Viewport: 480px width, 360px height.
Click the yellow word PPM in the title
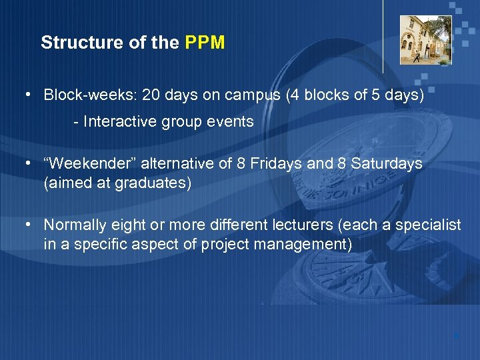[205, 43]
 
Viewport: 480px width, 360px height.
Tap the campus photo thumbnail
[425, 40]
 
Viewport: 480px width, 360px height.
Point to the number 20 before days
[151, 95]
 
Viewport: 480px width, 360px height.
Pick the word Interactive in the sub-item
[123, 122]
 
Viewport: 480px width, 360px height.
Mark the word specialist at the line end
[427, 225]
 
